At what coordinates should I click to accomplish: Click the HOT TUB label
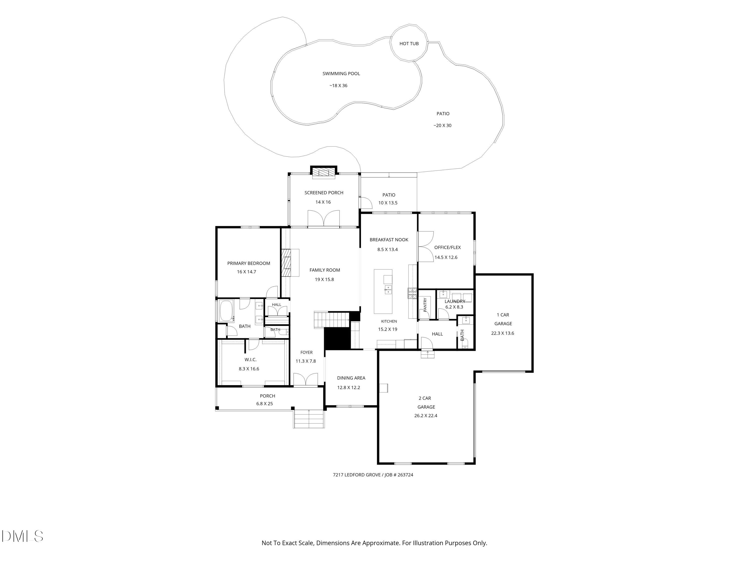[409, 43]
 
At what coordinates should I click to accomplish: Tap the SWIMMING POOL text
[341, 73]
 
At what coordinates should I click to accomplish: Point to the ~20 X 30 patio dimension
[442, 125]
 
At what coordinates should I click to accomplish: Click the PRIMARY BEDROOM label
[248, 263]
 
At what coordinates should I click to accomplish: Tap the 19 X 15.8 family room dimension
[324, 280]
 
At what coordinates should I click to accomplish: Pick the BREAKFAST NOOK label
[389, 240]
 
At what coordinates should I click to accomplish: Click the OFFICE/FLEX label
[447, 247]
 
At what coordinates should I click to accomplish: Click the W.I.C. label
[251, 359]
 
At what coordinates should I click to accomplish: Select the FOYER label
[306, 352]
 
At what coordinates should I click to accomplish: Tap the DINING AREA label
[351, 378]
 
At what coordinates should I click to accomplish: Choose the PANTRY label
[425, 305]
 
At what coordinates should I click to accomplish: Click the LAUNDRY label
[455, 301]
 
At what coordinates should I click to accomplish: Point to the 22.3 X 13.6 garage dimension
[503, 333]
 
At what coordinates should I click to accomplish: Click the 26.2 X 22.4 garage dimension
[426, 416]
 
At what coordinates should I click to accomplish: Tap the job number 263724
[405, 475]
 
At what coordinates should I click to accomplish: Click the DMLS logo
[22, 536]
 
